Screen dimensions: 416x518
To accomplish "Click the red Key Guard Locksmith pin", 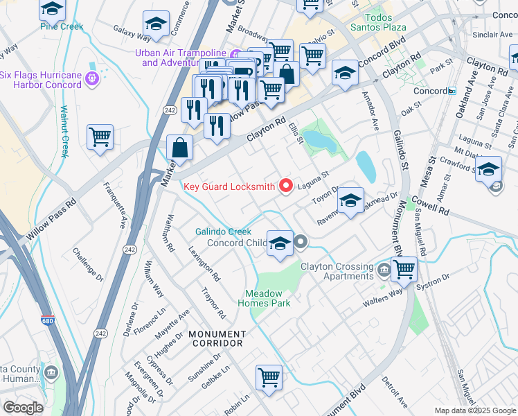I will point(285,185).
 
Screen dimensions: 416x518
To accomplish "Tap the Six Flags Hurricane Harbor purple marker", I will point(92,80).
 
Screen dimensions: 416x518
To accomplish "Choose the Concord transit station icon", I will point(452,91).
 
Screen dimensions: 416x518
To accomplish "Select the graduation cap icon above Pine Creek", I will point(52,9).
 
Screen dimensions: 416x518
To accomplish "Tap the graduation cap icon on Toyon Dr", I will point(350,200).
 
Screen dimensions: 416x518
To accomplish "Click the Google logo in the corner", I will point(23,408).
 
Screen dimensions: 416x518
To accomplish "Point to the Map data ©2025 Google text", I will point(475,410).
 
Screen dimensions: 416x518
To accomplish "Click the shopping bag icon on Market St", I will point(179,147).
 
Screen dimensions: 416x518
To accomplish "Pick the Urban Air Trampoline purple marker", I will point(236,55).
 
